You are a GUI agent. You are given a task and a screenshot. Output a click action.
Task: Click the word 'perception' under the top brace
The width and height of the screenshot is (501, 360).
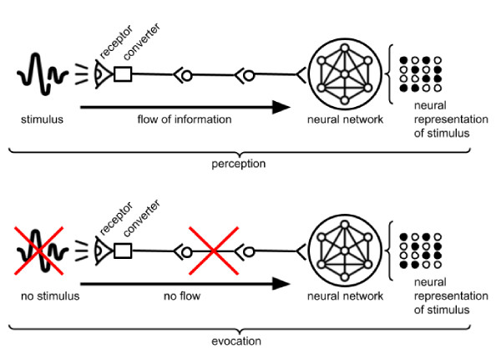238,164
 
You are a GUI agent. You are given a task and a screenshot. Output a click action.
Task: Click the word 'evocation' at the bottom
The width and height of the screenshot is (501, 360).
238,342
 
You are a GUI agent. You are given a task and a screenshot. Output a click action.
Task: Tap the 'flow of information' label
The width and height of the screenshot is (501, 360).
185,119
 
